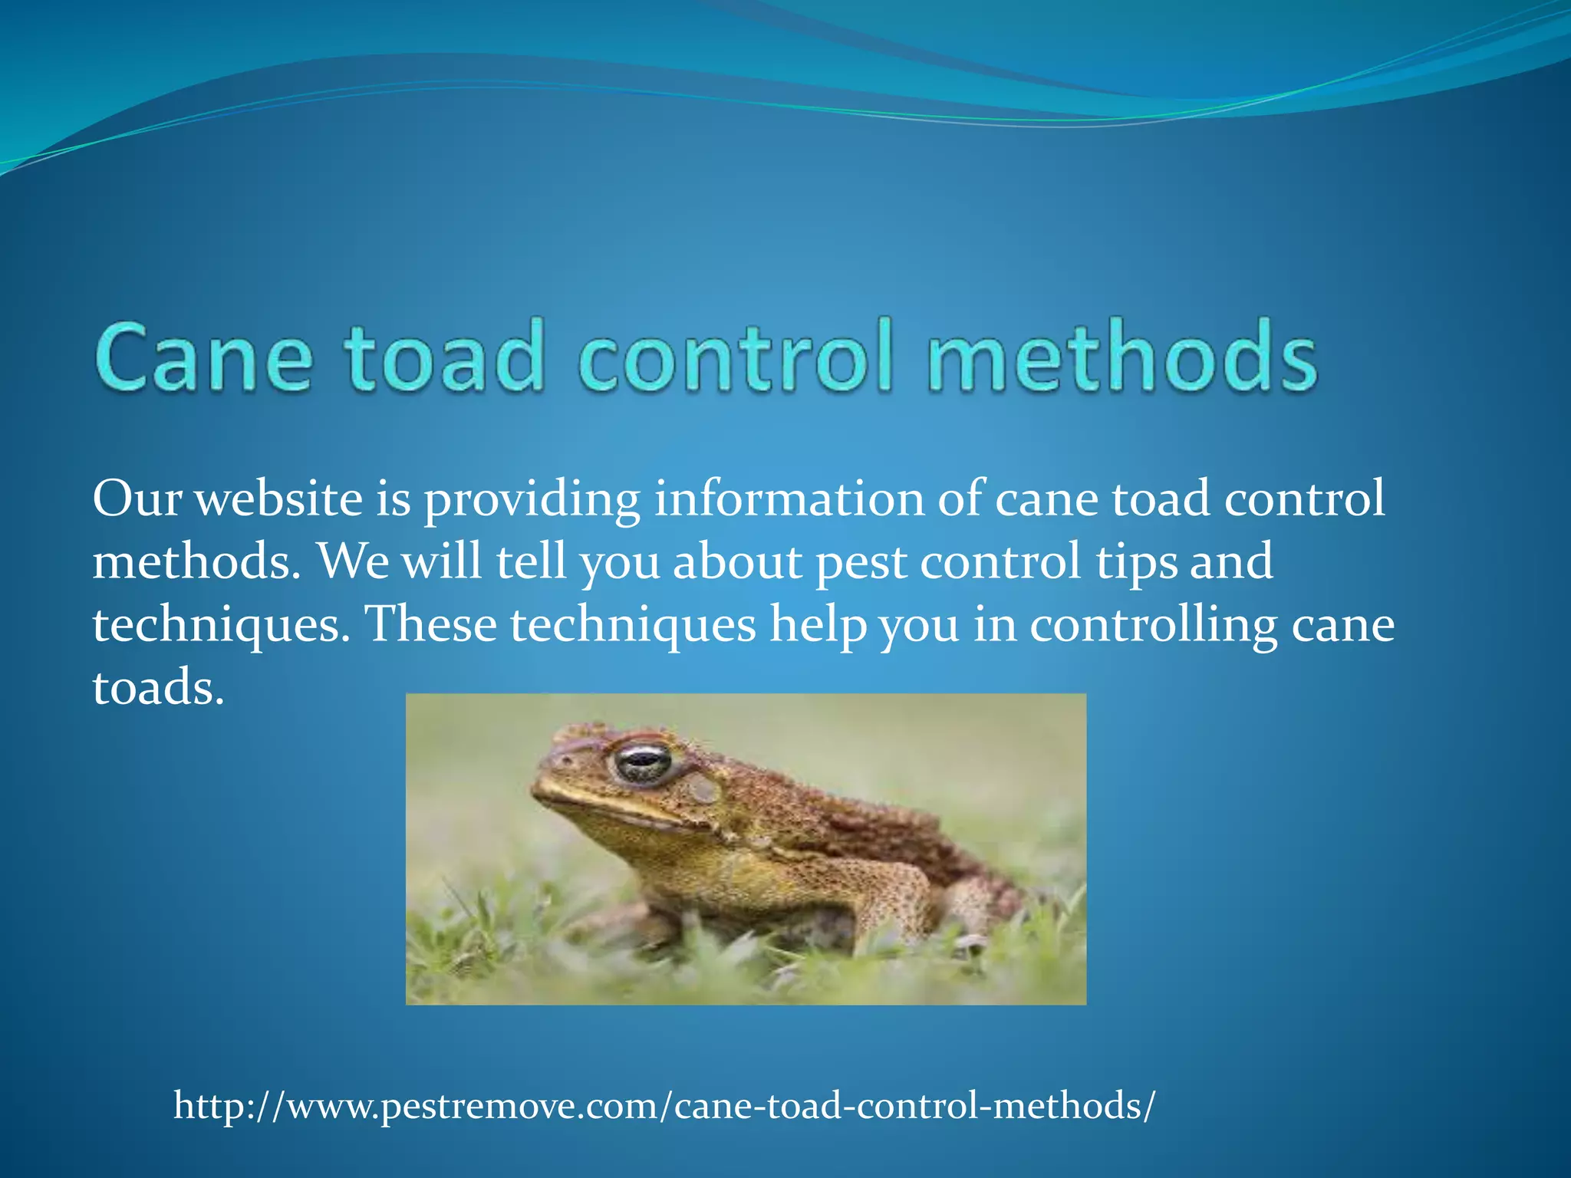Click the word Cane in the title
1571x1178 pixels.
coord(204,357)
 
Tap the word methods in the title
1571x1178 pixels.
coord(1121,357)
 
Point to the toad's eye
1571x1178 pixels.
coord(643,762)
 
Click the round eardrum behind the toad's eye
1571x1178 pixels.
coord(702,788)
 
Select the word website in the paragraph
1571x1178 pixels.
coord(278,499)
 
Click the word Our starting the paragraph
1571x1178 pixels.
coord(137,499)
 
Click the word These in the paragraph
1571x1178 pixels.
coord(430,624)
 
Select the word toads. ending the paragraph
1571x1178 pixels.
coord(158,687)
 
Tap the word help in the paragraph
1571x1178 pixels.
coord(818,624)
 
